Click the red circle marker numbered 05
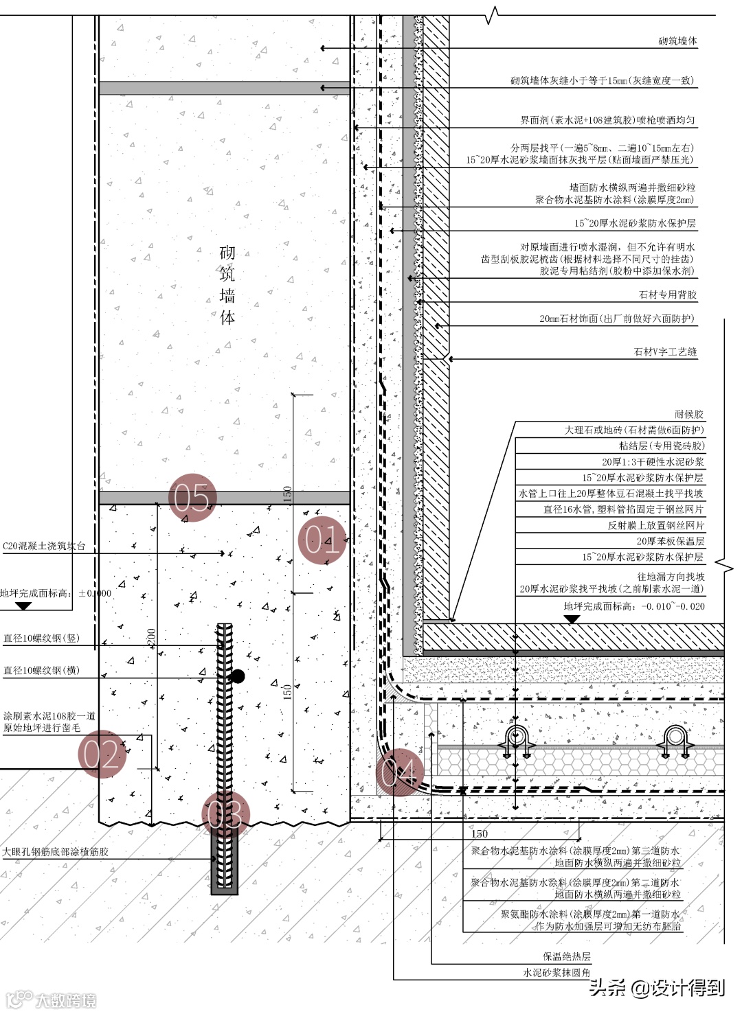click(192, 498)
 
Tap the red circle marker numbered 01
click(322, 540)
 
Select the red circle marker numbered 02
click(102, 753)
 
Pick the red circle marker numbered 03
click(225, 815)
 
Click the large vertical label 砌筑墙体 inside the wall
click(227, 285)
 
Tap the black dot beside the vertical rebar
click(238, 676)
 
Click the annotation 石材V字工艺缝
click(664, 352)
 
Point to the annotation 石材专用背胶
click(667, 295)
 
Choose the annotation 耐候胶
click(689, 414)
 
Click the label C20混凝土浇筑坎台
click(44, 546)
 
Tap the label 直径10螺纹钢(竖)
click(41, 638)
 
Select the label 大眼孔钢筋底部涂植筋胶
click(55, 852)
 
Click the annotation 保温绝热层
click(566, 956)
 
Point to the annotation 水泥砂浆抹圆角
click(556, 972)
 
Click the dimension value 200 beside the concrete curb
click(151, 636)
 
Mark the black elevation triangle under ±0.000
click(23, 606)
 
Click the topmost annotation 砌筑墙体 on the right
click(677, 41)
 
